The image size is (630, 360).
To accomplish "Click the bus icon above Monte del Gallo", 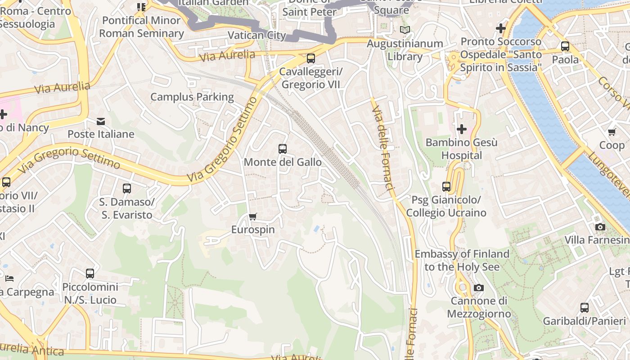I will (x=283, y=149).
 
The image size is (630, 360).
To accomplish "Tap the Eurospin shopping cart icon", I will (x=253, y=216).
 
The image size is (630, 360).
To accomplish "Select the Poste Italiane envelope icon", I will (x=101, y=121).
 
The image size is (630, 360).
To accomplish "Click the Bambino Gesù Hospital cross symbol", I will (x=461, y=130).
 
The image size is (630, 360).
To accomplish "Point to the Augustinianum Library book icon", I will (x=405, y=30).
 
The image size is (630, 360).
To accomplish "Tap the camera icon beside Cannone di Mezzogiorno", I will (x=479, y=288).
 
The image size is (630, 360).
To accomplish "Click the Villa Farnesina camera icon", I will (x=600, y=227).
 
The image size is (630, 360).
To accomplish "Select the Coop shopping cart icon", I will (x=612, y=132).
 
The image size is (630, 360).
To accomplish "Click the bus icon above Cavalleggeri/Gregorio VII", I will (x=310, y=58).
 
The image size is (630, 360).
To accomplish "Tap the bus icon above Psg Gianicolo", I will (x=446, y=186).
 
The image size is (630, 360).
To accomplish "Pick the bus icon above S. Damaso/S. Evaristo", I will (x=127, y=189).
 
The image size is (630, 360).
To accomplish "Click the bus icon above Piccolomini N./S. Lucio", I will (x=90, y=273).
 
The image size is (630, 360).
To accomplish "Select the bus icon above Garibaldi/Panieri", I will (x=584, y=308).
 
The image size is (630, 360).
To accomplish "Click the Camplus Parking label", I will (x=192, y=97).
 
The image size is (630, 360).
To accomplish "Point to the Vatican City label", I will (x=257, y=35).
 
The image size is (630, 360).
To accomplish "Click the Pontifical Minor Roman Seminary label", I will (x=141, y=27).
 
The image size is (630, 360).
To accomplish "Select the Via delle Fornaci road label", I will (x=383, y=148).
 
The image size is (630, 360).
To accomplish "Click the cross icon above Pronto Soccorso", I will (x=500, y=28).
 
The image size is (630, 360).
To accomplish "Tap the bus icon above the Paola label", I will (x=565, y=46).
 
